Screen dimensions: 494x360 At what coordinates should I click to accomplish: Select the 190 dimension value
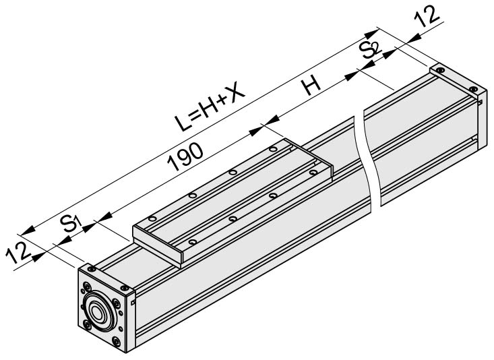click(x=185, y=156)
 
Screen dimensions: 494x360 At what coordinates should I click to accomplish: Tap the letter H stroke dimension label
click(x=311, y=86)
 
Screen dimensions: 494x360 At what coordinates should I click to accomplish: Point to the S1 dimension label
click(x=71, y=222)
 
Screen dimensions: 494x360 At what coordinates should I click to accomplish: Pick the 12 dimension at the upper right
click(x=427, y=16)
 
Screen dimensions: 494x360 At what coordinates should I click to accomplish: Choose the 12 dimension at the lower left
click(x=18, y=253)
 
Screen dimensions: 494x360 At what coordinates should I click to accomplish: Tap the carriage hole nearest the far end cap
click(x=274, y=149)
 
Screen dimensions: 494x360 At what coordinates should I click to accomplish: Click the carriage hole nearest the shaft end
click(x=152, y=218)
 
